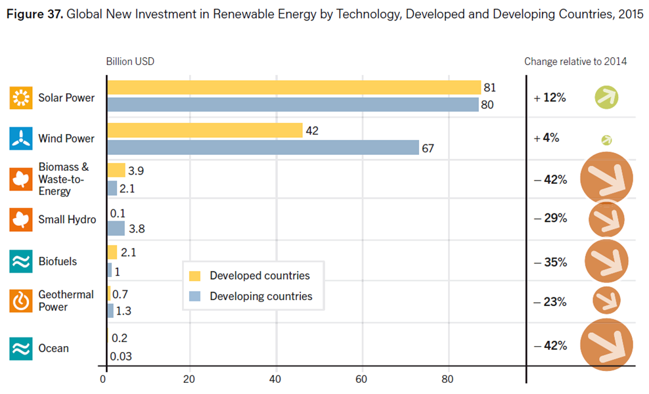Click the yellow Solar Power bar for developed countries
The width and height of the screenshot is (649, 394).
(294, 88)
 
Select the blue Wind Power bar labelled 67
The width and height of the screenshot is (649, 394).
(263, 147)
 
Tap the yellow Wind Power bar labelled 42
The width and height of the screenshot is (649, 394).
(205, 131)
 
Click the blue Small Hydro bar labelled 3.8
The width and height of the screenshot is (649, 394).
(116, 229)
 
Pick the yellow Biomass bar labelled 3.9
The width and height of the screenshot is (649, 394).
(116, 170)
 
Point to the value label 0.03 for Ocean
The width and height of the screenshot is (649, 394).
(121, 357)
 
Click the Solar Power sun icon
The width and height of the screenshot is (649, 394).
(21, 98)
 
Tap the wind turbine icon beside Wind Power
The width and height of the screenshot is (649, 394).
(21, 139)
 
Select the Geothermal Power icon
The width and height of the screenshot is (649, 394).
(21, 301)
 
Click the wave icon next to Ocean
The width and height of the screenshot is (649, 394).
(21, 349)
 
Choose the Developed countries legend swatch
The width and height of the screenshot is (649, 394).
(194, 276)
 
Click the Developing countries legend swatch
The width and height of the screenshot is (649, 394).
(194, 296)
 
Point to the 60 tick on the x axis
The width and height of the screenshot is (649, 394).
(361, 379)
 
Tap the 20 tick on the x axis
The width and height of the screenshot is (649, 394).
(189, 379)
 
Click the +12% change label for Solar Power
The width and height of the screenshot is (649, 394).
(550, 98)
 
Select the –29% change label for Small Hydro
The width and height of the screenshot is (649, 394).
(550, 218)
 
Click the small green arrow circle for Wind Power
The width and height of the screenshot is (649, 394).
(606, 141)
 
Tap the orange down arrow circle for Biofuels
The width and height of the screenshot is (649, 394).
(606, 261)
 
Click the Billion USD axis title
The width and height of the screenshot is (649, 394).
(130, 62)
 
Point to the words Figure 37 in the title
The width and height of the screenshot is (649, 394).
(35, 14)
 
